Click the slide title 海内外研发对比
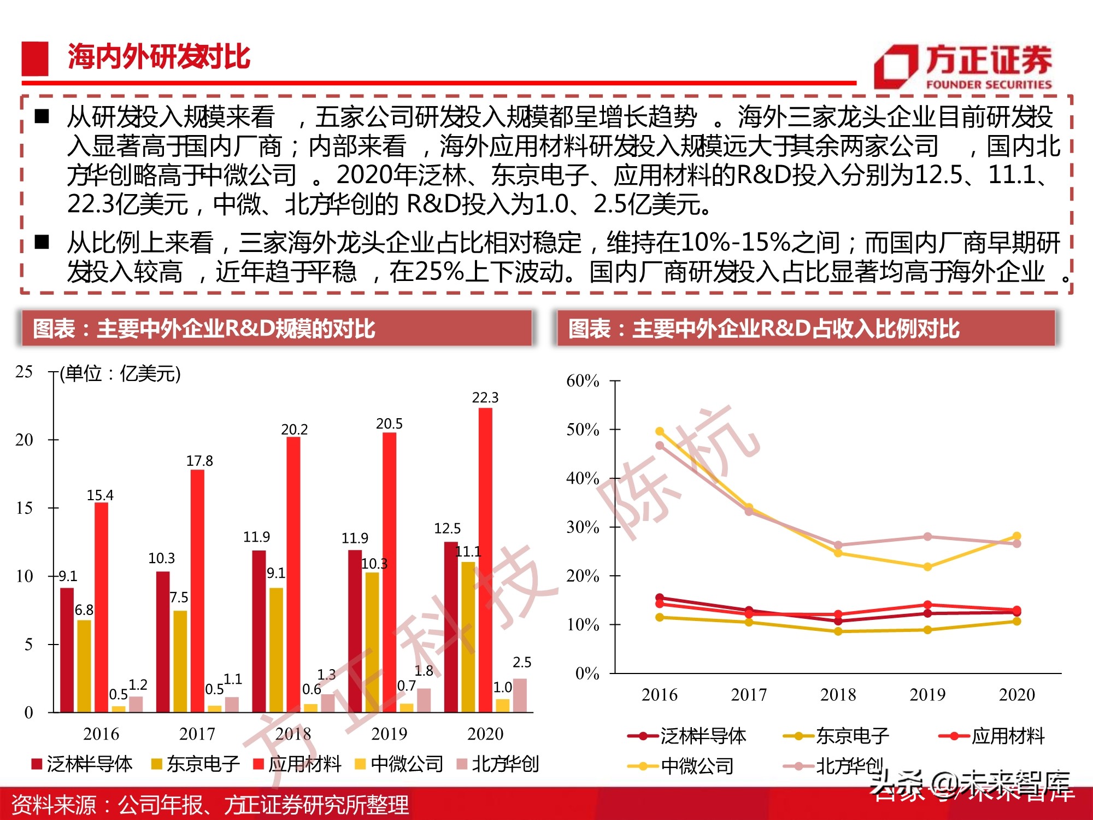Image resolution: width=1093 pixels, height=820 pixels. [158, 57]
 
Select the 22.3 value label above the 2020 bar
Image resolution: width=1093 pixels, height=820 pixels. [485, 397]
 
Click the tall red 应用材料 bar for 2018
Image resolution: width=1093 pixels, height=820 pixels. [293, 574]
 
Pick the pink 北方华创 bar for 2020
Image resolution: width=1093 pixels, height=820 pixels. [520, 695]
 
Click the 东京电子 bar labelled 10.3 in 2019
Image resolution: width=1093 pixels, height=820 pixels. [372, 642]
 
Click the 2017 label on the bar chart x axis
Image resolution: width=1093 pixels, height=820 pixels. [197, 734]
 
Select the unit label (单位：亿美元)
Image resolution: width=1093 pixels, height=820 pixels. [120, 374]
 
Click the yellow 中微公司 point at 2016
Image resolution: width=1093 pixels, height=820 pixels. [660, 431]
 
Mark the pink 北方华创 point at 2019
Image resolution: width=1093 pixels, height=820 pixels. [927, 536]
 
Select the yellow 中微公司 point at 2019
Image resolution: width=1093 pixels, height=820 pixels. [927, 567]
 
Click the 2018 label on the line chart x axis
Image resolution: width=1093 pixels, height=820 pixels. [838, 694]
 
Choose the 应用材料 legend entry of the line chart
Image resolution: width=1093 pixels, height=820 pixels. [991, 736]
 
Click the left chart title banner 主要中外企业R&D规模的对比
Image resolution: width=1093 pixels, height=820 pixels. [277, 329]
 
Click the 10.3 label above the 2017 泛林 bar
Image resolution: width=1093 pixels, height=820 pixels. [161, 558]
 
